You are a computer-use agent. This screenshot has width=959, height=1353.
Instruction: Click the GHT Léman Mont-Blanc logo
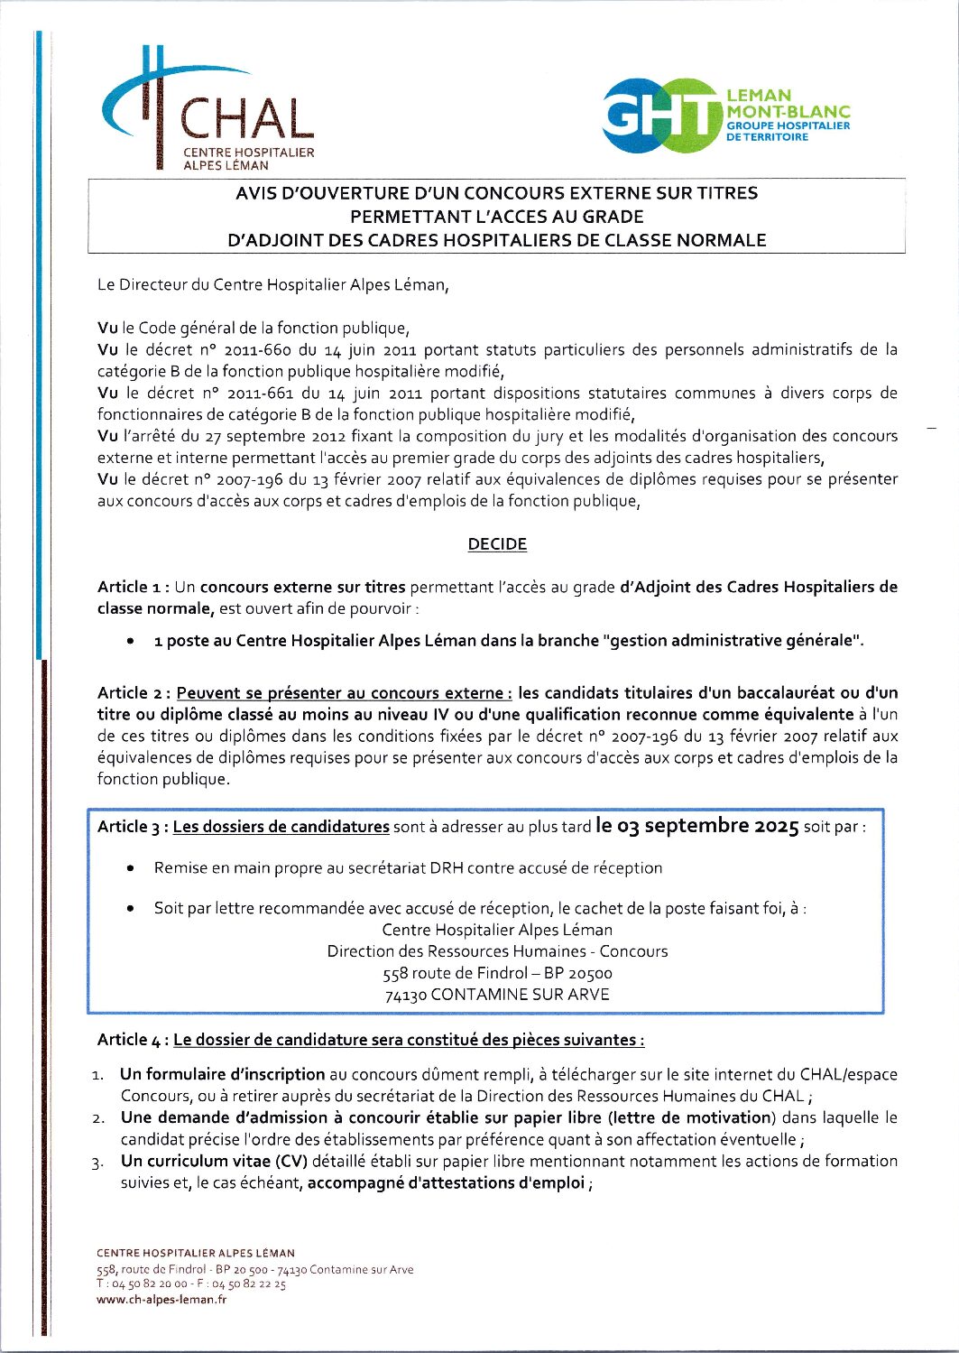726,116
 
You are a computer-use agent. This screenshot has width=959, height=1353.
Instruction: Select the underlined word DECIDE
497,544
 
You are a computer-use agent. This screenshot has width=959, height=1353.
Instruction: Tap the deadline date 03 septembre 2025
697,826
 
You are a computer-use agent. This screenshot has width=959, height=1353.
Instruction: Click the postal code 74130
406,996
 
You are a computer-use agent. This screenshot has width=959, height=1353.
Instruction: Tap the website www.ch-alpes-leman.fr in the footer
161,1300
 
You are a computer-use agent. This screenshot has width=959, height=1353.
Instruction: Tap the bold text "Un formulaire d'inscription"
222,1074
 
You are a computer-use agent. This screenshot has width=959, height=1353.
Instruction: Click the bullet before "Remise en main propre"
132,868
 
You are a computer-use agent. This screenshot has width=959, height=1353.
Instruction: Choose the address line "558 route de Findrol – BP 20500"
497,973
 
